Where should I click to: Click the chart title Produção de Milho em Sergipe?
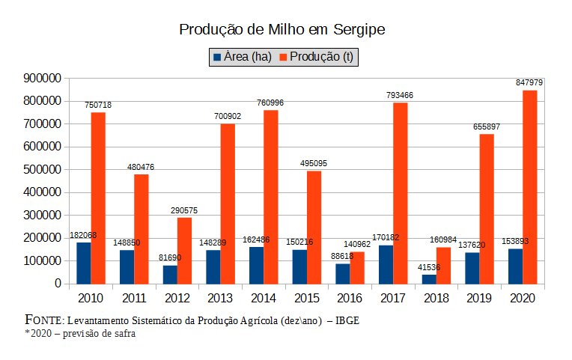(282, 29)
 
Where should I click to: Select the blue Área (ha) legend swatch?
(217, 58)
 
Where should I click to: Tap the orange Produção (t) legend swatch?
(283, 58)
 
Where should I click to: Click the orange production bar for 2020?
(530, 187)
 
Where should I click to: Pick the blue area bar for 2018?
(429, 279)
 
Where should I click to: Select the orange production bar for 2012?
(184, 251)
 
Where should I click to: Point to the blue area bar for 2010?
(84, 263)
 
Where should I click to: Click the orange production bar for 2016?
(357, 268)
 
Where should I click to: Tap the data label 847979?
(529, 82)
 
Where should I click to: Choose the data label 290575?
(183, 210)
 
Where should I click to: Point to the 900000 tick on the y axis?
(41, 78)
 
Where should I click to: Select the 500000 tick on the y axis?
(41, 169)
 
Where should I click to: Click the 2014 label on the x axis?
(264, 299)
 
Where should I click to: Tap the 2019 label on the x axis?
(480, 299)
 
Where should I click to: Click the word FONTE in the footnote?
(44, 320)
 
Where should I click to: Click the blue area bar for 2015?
(299, 266)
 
